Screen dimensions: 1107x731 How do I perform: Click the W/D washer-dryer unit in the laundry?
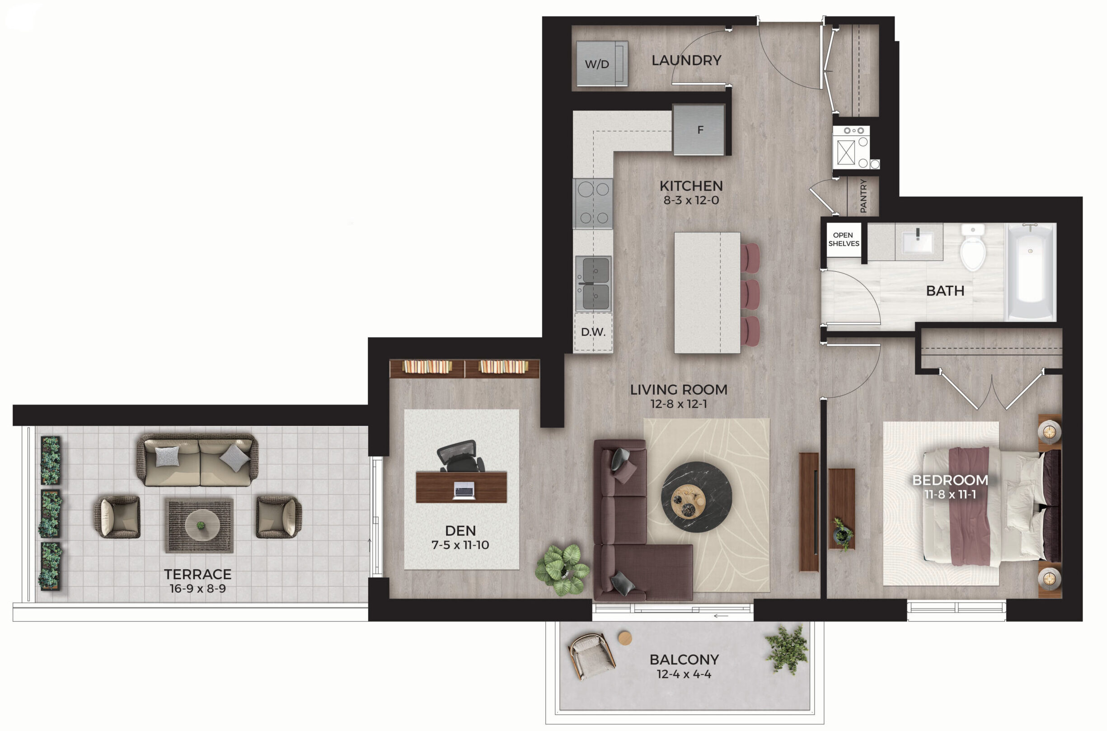click(602, 63)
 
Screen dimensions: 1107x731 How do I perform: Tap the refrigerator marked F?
click(699, 130)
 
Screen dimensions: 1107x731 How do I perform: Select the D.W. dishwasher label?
click(593, 332)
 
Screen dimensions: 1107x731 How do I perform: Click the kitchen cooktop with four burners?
click(593, 203)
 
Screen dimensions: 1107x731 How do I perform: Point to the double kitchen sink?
click(594, 283)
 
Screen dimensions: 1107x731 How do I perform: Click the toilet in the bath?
click(973, 247)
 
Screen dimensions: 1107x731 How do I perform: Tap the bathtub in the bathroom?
click(1031, 272)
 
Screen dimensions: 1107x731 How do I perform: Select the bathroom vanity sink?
click(917, 241)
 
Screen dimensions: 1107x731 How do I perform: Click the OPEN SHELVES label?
click(844, 239)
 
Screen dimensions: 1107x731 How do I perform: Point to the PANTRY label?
click(863, 196)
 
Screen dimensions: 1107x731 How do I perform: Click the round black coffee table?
click(697, 497)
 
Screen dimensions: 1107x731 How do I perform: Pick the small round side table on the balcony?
click(625, 638)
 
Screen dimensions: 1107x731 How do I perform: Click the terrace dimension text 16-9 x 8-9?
click(197, 588)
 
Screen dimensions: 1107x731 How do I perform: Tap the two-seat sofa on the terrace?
click(197, 460)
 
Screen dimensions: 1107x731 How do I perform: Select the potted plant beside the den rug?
click(563, 569)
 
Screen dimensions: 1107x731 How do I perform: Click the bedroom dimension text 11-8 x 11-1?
click(950, 494)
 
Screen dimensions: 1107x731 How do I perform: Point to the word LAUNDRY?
click(686, 60)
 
